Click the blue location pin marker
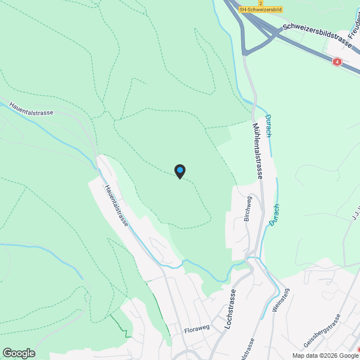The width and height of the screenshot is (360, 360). [x=179, y=170]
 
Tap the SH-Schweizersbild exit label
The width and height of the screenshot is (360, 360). [x=260, y=10]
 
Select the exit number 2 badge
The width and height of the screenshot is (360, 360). [x=260, y=3]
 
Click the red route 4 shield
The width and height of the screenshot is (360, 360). [x=337, y=62]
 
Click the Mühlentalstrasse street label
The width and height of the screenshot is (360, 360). [x=258, y=151]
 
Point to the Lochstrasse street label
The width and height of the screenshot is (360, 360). [x=228, y=309]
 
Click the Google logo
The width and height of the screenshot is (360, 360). [x=19, y=353]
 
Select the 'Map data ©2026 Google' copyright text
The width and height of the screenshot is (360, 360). [x=325, y=355]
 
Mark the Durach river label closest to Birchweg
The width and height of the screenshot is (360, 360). [x=273, y=214]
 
